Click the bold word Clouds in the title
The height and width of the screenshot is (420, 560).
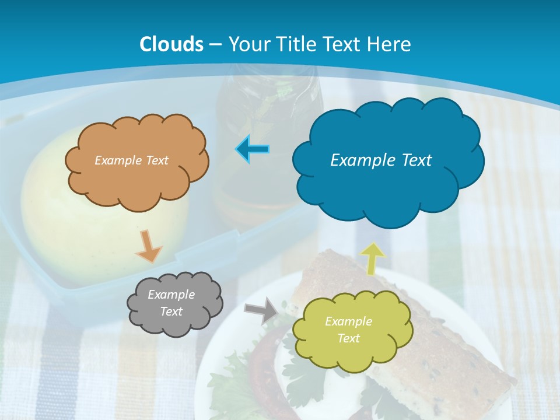tap(171, 44)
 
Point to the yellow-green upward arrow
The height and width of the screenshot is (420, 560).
tap(373, 258)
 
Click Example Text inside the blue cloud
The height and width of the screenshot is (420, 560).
tap(381, 160)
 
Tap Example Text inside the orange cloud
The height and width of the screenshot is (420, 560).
tap(131, 160)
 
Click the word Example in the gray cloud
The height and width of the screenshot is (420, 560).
tap(171, 295)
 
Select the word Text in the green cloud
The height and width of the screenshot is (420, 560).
tap(348, 338)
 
